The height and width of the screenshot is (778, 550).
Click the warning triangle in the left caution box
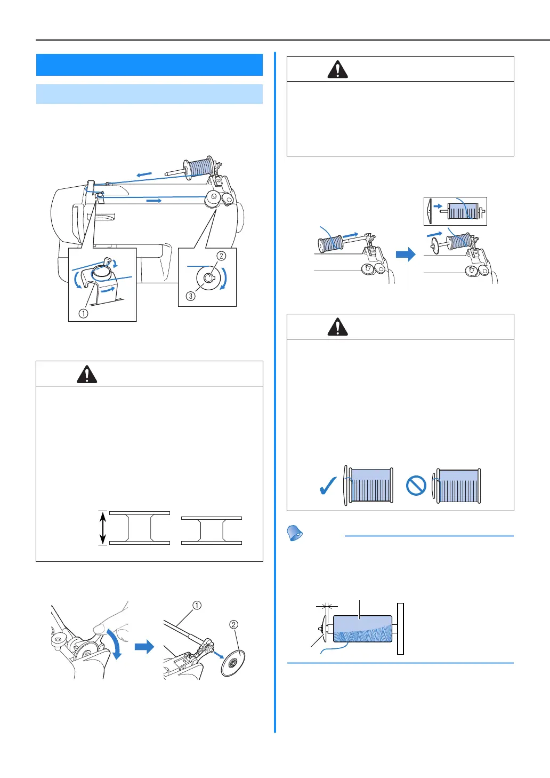coord(87,375)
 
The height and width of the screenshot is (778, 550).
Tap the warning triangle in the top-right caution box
coord(337,69)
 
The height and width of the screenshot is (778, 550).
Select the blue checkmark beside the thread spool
coord(327,486)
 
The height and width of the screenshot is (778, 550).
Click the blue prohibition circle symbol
coord(416,486)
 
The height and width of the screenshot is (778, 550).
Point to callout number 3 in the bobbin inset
coord(190,296)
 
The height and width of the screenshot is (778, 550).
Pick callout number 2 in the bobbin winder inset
coord(221,256)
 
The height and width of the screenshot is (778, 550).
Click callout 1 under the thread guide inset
coord(83,313)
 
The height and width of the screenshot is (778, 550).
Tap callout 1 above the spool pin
coord(197,605)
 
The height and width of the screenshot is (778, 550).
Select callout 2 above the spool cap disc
coord(233,624)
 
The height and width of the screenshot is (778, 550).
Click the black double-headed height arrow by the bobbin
coord(103,528)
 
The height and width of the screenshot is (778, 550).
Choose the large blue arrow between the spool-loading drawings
coord(406,254)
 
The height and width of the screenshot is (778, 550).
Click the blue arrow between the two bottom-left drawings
coord(144,647)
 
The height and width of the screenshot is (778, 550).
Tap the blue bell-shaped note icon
coord(295,533)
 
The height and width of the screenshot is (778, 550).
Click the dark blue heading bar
coord(149,65)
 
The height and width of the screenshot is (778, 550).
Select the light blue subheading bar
coord(149,94)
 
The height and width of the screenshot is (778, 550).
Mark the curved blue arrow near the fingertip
coord(115,645)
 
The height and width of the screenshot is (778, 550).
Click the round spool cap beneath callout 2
coord(233,663)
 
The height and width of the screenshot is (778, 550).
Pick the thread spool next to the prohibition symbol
coord(458,486)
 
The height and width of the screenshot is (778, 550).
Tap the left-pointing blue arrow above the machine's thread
coord(144,174)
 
